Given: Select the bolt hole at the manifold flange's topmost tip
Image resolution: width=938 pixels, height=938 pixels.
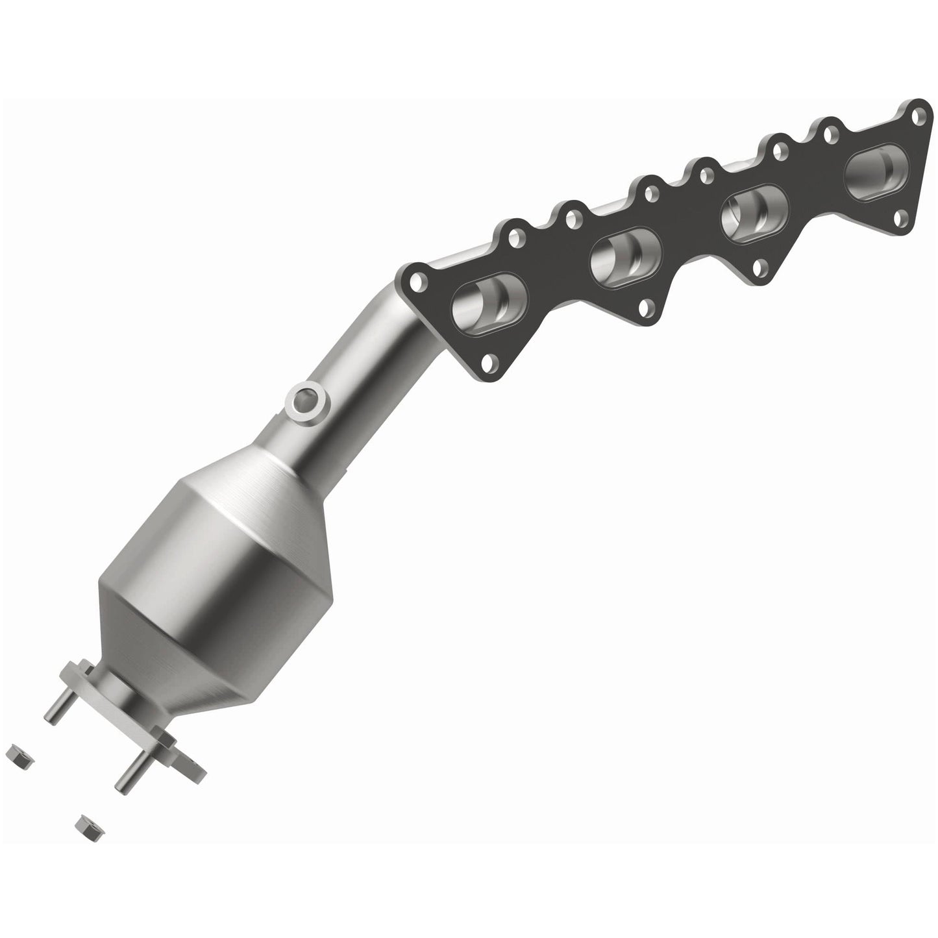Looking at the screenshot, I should pos(917,117).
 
